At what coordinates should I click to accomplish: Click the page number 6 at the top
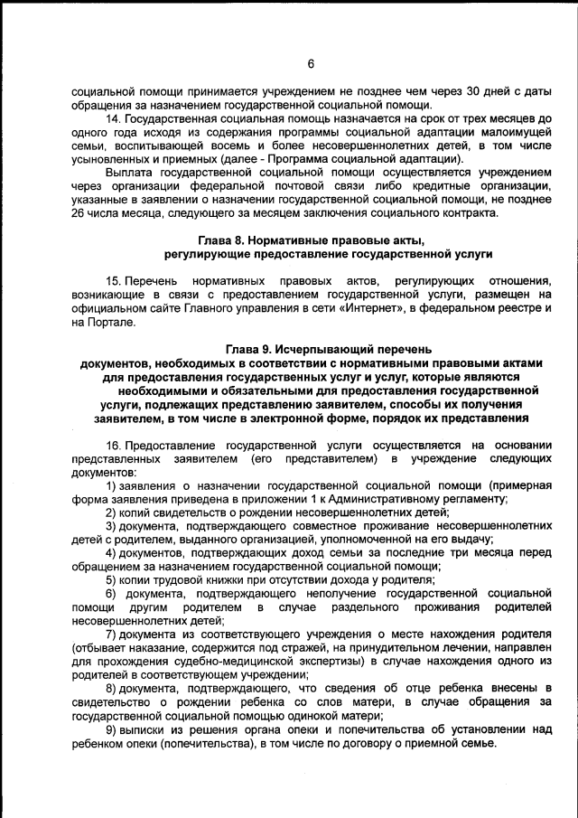click(310, 63)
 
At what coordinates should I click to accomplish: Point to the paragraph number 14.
click(112, 118)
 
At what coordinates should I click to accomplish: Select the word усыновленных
click(108, 158)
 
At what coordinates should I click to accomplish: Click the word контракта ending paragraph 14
click(468, 212)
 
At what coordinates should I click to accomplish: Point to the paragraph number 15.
click(112, 281)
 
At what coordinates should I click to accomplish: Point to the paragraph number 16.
click(112, 445)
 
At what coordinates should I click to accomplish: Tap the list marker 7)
click(112, 634)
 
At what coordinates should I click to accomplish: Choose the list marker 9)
click(112, 729)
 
